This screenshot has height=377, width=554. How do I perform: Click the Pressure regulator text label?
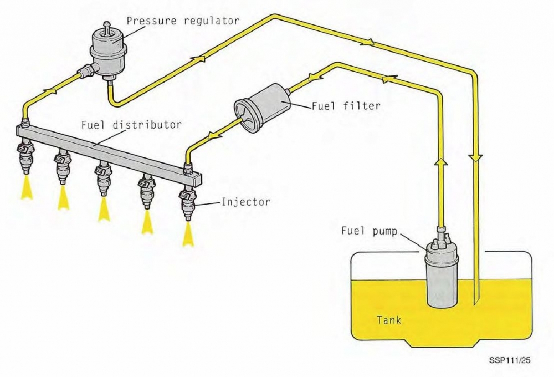(183, 21)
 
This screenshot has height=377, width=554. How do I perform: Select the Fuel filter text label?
(346, 105)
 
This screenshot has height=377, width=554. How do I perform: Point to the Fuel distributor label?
(131, 125)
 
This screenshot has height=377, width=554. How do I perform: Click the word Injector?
(245, 202)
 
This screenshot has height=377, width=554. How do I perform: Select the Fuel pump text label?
(369, 231)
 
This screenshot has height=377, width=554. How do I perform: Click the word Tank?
(389, 320)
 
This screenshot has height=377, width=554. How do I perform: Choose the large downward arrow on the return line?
(475, 158)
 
